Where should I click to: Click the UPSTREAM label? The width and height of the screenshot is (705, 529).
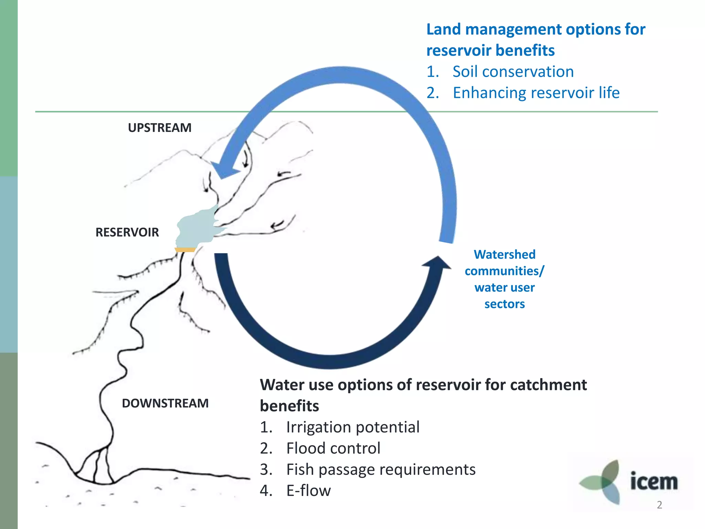point(159,128)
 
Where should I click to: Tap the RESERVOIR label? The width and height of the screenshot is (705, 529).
point(127,232)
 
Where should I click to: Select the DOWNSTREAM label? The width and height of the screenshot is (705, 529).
point(165,403)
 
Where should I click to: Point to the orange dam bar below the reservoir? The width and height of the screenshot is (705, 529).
point(185,250)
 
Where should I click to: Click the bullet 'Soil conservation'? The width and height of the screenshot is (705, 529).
point(513,72)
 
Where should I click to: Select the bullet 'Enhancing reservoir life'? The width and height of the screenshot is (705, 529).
point(536,93)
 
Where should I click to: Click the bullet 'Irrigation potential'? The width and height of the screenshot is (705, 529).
point(352,427)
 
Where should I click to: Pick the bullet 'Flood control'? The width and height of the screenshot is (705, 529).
point(333,448)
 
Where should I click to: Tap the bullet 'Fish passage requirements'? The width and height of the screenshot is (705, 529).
point(381,469)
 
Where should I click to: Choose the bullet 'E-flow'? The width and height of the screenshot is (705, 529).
point(308,491)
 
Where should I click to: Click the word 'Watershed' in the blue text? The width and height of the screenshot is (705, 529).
point(505,255)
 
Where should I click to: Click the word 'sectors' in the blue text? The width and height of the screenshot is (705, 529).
point(505,304)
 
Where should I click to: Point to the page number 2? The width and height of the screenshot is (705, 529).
point(659,505)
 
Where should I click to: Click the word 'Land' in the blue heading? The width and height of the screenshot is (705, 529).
point(443,29)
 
